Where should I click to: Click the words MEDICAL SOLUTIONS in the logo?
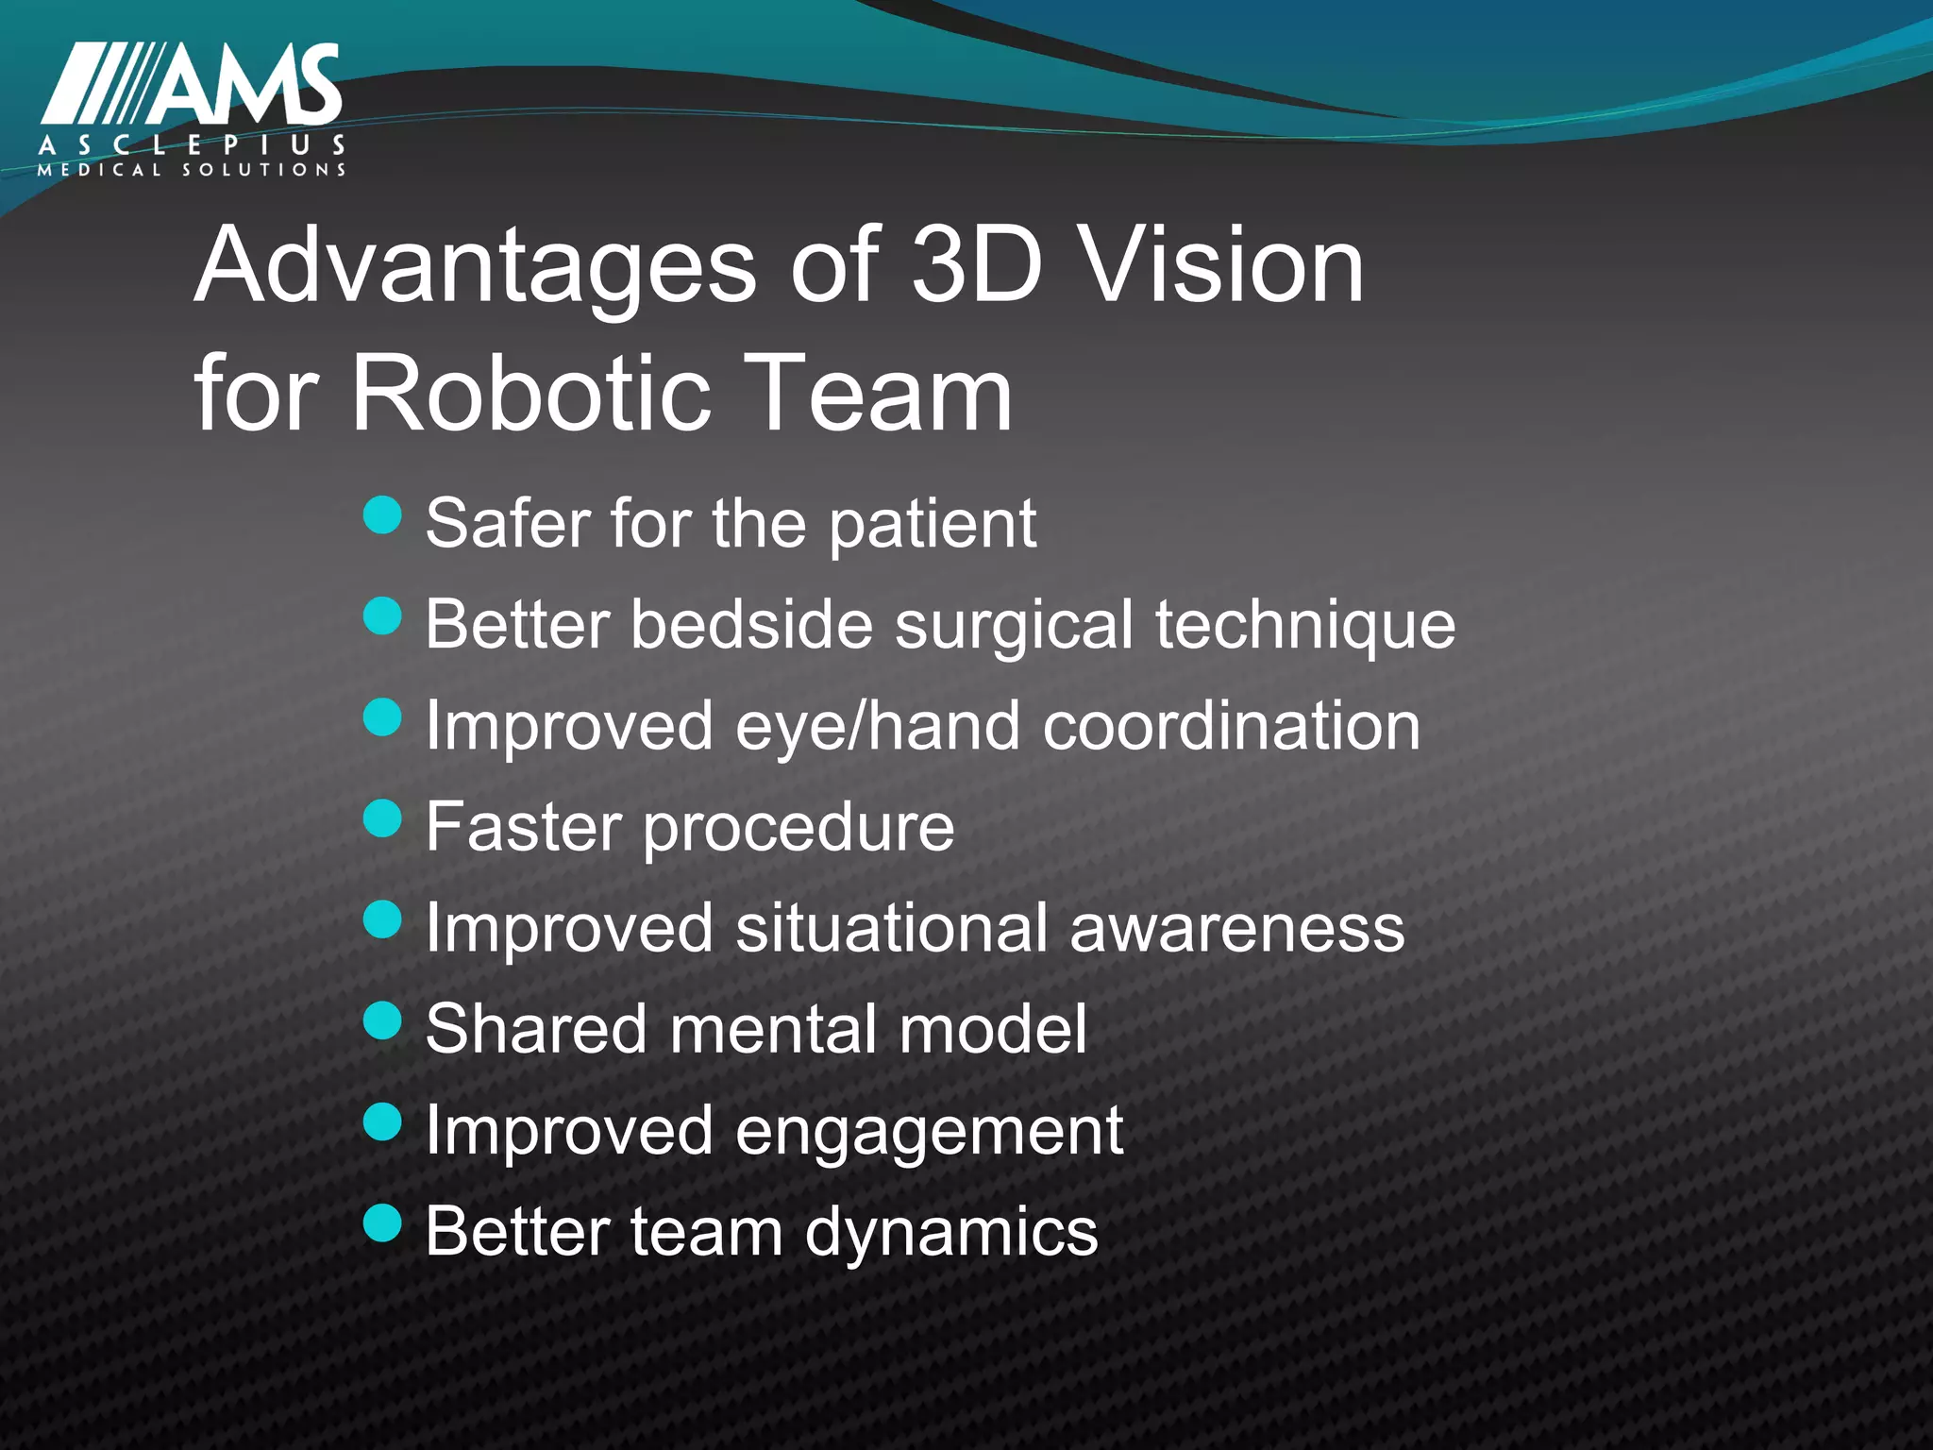pyautogui.click(x=192, y=171)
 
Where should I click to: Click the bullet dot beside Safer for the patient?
pyautogui.click(x=382, y=515)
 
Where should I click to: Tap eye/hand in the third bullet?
pyautogui.click(x=878, y=727)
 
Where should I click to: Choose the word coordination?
pyautogui.click(x=1232, y=726)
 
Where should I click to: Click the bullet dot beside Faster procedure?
pyautogui.click(x=382, y=818)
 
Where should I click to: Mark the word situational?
pyautogui.click(x=891, y=928)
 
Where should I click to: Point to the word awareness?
pyautogui.click(x=1237, y=929)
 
